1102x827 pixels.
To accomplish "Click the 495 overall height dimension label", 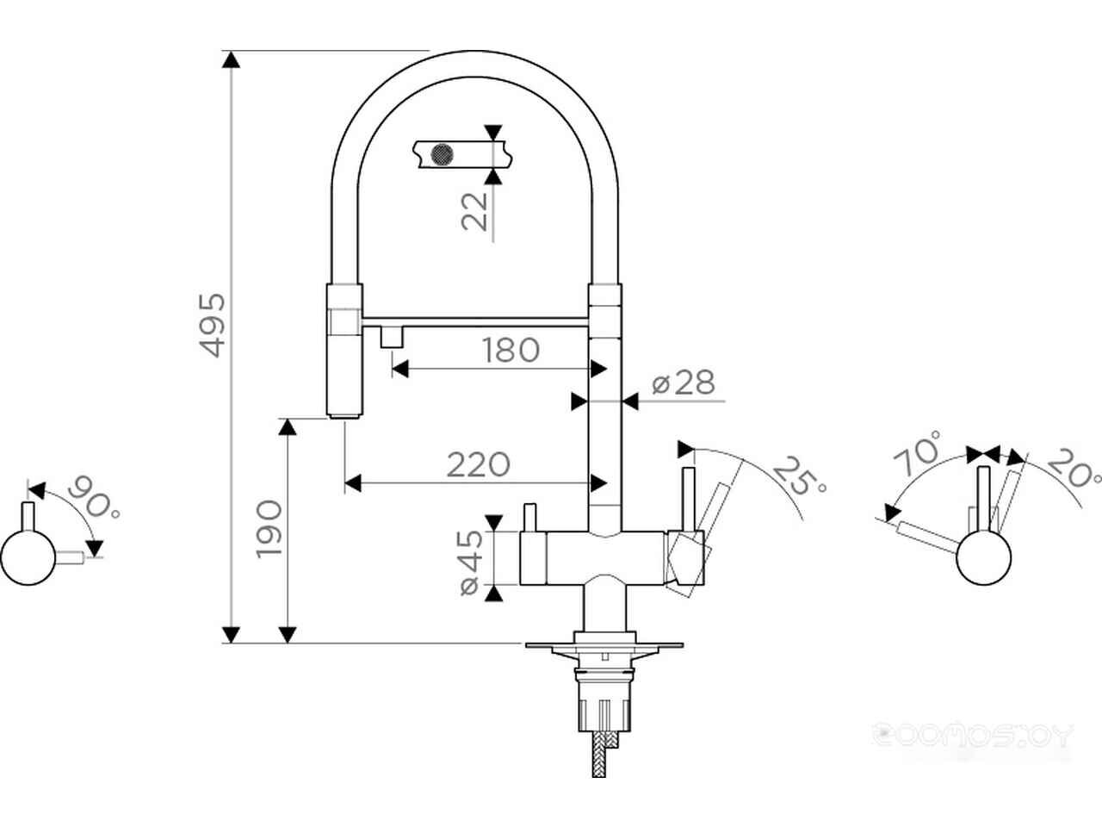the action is (x=213, y=326).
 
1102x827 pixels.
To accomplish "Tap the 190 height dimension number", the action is (x=269, y=529).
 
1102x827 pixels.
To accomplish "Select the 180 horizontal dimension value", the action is (x=511, y=350).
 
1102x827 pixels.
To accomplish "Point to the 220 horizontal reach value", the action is (x=479, y=464).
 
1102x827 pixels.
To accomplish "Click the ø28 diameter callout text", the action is (x=684, y=382).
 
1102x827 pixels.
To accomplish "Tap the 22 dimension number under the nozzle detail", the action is (x=474, y=211).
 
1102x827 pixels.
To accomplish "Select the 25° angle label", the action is (x=799, y=476).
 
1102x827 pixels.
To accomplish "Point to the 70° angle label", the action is (x=917, y=452).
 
